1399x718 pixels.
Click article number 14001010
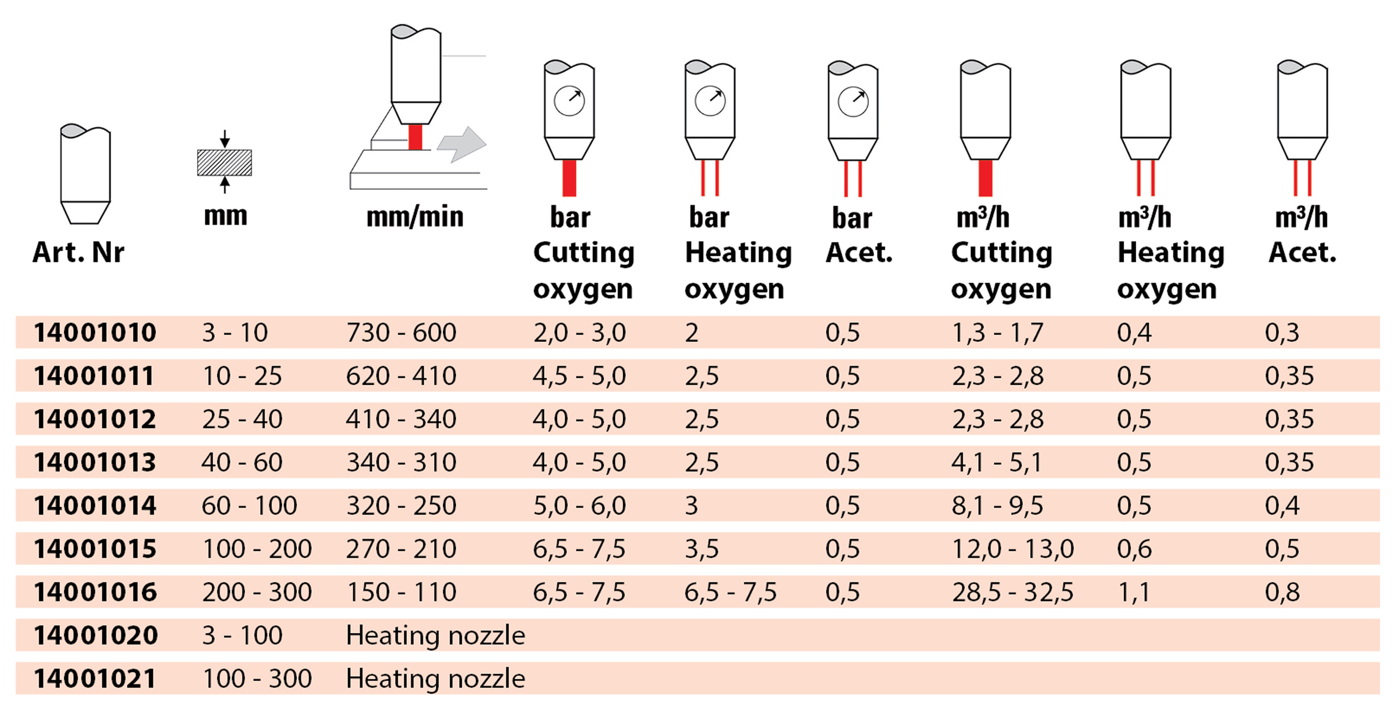(x=95, y=332)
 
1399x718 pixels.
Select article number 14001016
(x=95, y=592)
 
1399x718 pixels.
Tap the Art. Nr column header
(x=78, y=252)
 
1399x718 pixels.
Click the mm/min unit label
(x=415, y=217)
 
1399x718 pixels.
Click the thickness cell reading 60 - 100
(x=249, y=506)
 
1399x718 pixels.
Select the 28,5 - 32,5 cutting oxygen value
(x=1013, y=592)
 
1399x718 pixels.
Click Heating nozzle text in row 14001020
(x=436, y=635)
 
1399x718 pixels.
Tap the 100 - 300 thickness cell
(x=257, y=678)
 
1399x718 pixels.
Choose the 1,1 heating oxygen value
(x=1134, y=592)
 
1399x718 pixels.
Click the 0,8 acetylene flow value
(x=1282, y=592)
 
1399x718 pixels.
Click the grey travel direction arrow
(x=462, y=144)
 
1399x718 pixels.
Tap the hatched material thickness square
(x=224, y=162)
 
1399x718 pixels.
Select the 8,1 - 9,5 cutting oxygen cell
(x=997, y=506)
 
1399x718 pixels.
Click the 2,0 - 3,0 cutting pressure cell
(x=580, y=332)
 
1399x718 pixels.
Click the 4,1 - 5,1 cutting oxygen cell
(x=997, y=462)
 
